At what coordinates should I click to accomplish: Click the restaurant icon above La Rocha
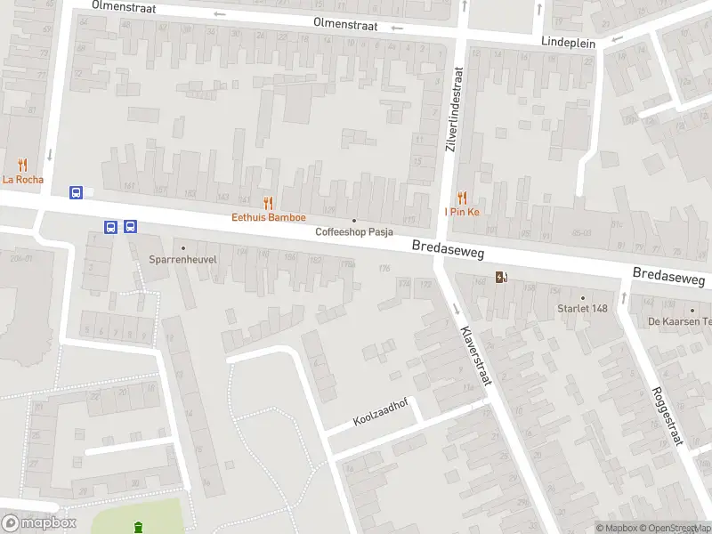click(x=22, y=165)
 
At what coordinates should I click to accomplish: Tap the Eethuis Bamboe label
click(x=269, y=217)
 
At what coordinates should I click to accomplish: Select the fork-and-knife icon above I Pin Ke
click(x=462, y=198)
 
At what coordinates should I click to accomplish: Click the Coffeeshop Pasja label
click(x=354, y=232)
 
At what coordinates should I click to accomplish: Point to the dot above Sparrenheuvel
click(x=183, y=248)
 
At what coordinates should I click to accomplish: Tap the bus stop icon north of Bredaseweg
click(x=77, y=192)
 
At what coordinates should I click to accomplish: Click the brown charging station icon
click(x=502, y=276)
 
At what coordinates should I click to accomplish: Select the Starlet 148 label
click(x=582, y=309)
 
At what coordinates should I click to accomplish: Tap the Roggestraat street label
click(x=667, y=416)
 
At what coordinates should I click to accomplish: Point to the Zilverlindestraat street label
click(x=454, y=109)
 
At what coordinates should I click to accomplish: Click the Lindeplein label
click(x=568, y=42)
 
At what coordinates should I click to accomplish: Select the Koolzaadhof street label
click(x=380, y=412)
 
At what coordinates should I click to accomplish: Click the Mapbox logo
click(x=38, y=522)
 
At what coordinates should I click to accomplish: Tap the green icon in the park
click(x=137, y=528)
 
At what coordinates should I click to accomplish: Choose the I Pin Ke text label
click(x=462, y=212)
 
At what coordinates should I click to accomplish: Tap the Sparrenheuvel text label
click(x=183, y=262)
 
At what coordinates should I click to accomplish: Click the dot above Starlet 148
click(x=583, y=298)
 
